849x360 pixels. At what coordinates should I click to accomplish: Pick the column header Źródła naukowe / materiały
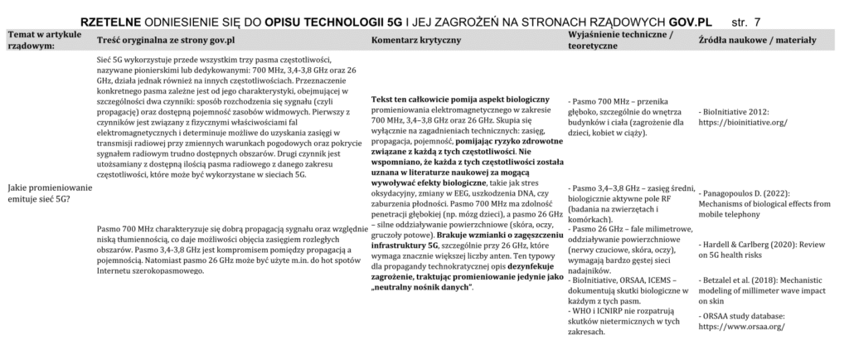coord(757,40)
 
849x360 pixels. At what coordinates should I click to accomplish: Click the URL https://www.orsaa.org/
coord(740,327)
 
